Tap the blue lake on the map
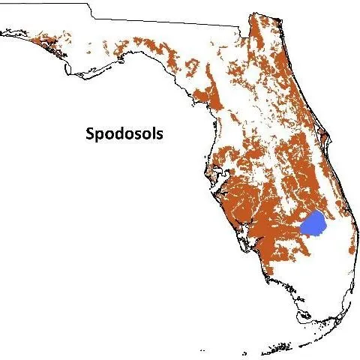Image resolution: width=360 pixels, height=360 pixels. click(x=313, y=223)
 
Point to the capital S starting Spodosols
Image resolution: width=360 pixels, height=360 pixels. click(x=88, y=135)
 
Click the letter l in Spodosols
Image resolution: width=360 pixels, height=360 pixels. click(x=153, y=134)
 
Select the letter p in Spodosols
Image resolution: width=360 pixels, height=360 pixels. click(x=100, y=137)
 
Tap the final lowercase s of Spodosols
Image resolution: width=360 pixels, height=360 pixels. click(x=160, y=136)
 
